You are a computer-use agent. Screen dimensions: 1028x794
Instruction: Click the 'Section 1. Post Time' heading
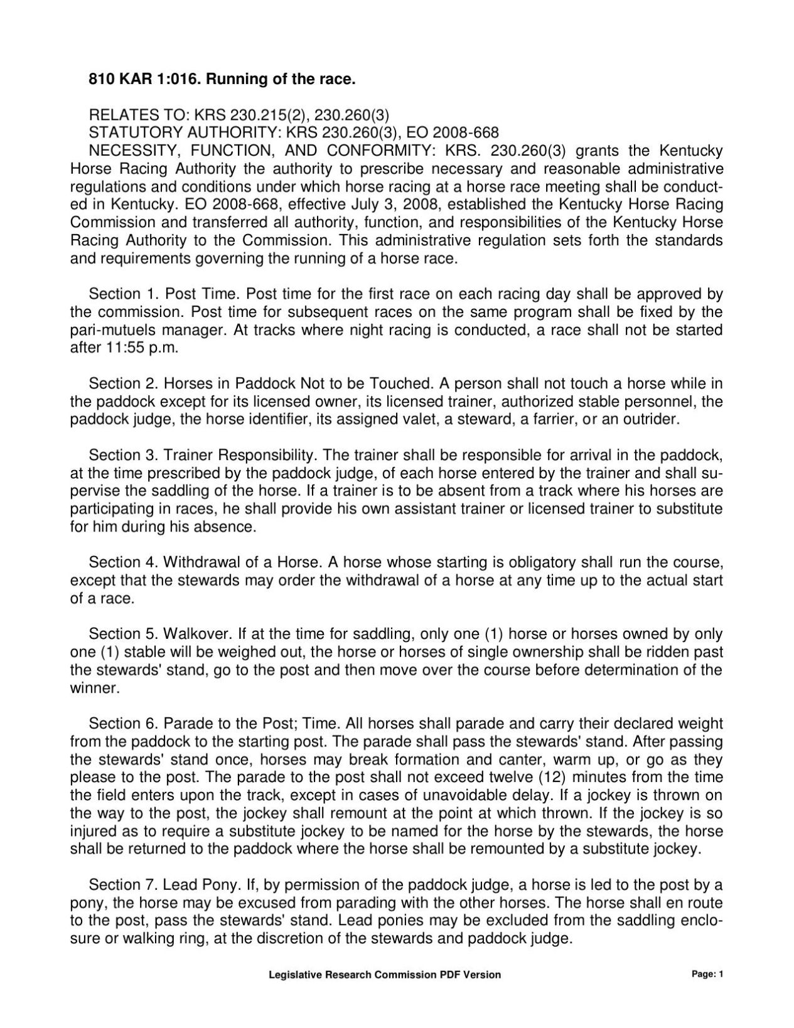(x=165, y=294)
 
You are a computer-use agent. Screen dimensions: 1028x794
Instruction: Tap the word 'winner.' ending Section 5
(x=94, y=688)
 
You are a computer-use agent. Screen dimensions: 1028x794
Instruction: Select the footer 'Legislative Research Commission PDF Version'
(x=385, y=975)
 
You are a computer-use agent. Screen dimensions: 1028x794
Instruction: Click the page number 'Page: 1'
(x=708, y=975)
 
